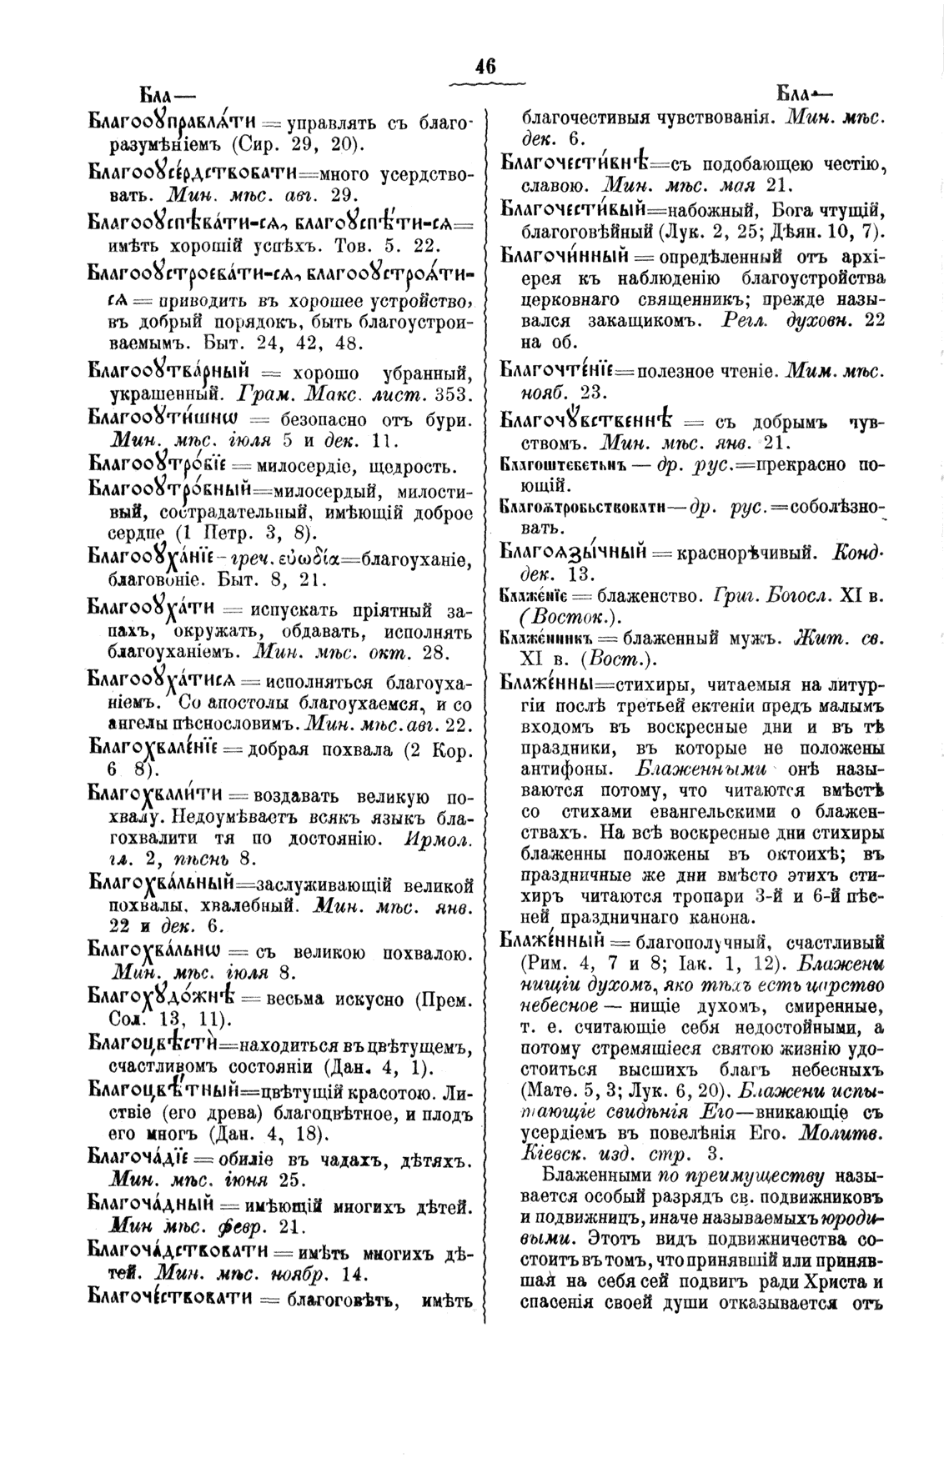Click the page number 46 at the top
click(485, 66)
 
